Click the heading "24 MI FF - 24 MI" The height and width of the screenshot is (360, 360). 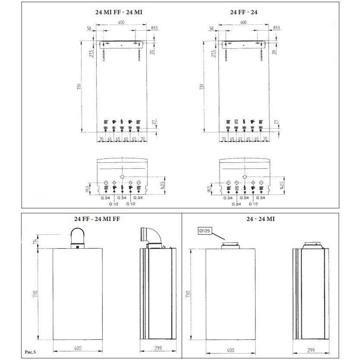[x=119, y=13]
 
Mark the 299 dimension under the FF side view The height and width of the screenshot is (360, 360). [x=158, y=347]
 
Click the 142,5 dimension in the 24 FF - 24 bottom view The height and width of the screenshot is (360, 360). [x=282, y=185]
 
